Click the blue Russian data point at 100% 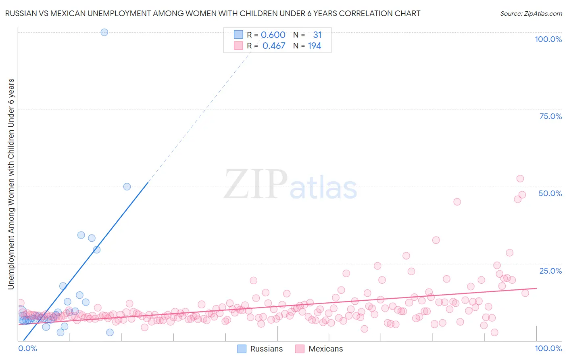pyautogui.click(x=104, y=32)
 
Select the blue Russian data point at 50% pyautogui.click(x=127, y=186)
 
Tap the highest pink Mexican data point pyautogui.click(x=520, y=178)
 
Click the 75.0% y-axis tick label pyautogui.click(x=550, y=116)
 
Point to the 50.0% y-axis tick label pyautogui.click(x=550, y=193)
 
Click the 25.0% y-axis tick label pyautogui.click(x=550, y=271)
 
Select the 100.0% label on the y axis pyautogui.click(x=548, y=39)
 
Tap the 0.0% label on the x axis pyautogui.click(x=27, y=348)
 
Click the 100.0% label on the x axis pyautogui.click(x=548, y=348)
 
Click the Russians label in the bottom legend pyautogui.click(x=266, y=349)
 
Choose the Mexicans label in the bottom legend pyautogui.click(x=325, y=349)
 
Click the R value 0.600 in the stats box pyautogui.click(x=273, y=35)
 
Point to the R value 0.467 pyautogui.click(x=274, y=46)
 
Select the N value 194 pyautogui.click(x=315, y=46)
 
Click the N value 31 pyautogui.click(x=317, y=35)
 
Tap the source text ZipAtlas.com pyautogui.click(x=531, y=13)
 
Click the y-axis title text pyautogui.click(x=11, y=184)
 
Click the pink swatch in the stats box pyautogui.click(x=238, y=46)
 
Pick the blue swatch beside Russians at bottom pyautogui.click(x=242, y=349)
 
